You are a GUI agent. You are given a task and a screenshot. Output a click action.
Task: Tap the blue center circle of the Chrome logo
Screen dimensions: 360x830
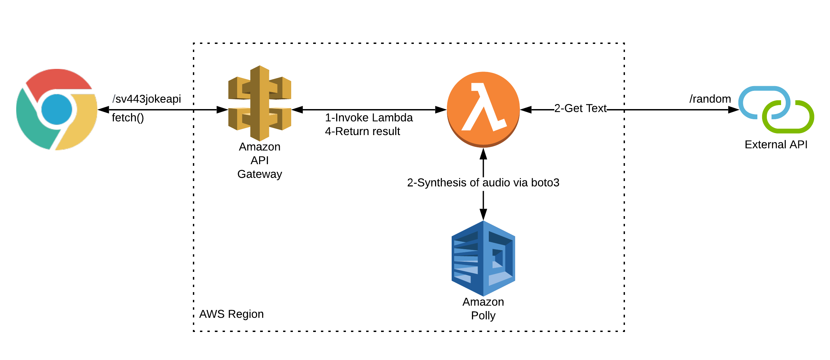point(57,109)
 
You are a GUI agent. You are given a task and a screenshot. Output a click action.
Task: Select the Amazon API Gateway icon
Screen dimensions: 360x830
point(259,103)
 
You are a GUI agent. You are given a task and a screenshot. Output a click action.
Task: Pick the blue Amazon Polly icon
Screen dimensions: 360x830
point(483,258)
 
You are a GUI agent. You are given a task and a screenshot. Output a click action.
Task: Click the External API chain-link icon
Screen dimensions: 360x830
point(776,109)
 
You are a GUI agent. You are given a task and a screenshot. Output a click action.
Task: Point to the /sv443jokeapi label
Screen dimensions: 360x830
point(147,99)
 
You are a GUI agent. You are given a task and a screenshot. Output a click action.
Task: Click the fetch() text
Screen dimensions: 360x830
point(128,118)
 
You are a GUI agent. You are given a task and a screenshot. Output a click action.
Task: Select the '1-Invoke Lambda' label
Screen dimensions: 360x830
point(369,118)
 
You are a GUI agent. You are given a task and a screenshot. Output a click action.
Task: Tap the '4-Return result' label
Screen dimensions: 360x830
point(362,131)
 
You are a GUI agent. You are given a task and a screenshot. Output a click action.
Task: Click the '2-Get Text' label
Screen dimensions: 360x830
point(580,108)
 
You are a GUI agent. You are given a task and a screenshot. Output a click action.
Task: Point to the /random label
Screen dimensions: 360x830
point(710,99)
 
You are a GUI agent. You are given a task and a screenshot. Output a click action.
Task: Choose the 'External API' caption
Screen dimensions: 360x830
point(776,145)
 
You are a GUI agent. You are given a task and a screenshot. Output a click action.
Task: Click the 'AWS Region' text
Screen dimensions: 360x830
point(231,314)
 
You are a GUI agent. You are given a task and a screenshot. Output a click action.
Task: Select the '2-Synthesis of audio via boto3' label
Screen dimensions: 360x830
point(483,183)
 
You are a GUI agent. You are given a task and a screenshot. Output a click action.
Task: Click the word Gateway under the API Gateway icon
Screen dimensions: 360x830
point(259,174)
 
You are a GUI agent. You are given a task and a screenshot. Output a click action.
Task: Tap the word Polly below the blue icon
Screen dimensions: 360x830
point(483,316)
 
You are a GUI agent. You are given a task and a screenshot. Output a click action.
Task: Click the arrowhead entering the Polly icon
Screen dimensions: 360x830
point(483,214)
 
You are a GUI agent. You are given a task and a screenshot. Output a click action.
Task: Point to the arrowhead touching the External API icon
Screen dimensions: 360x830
point(733,110)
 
